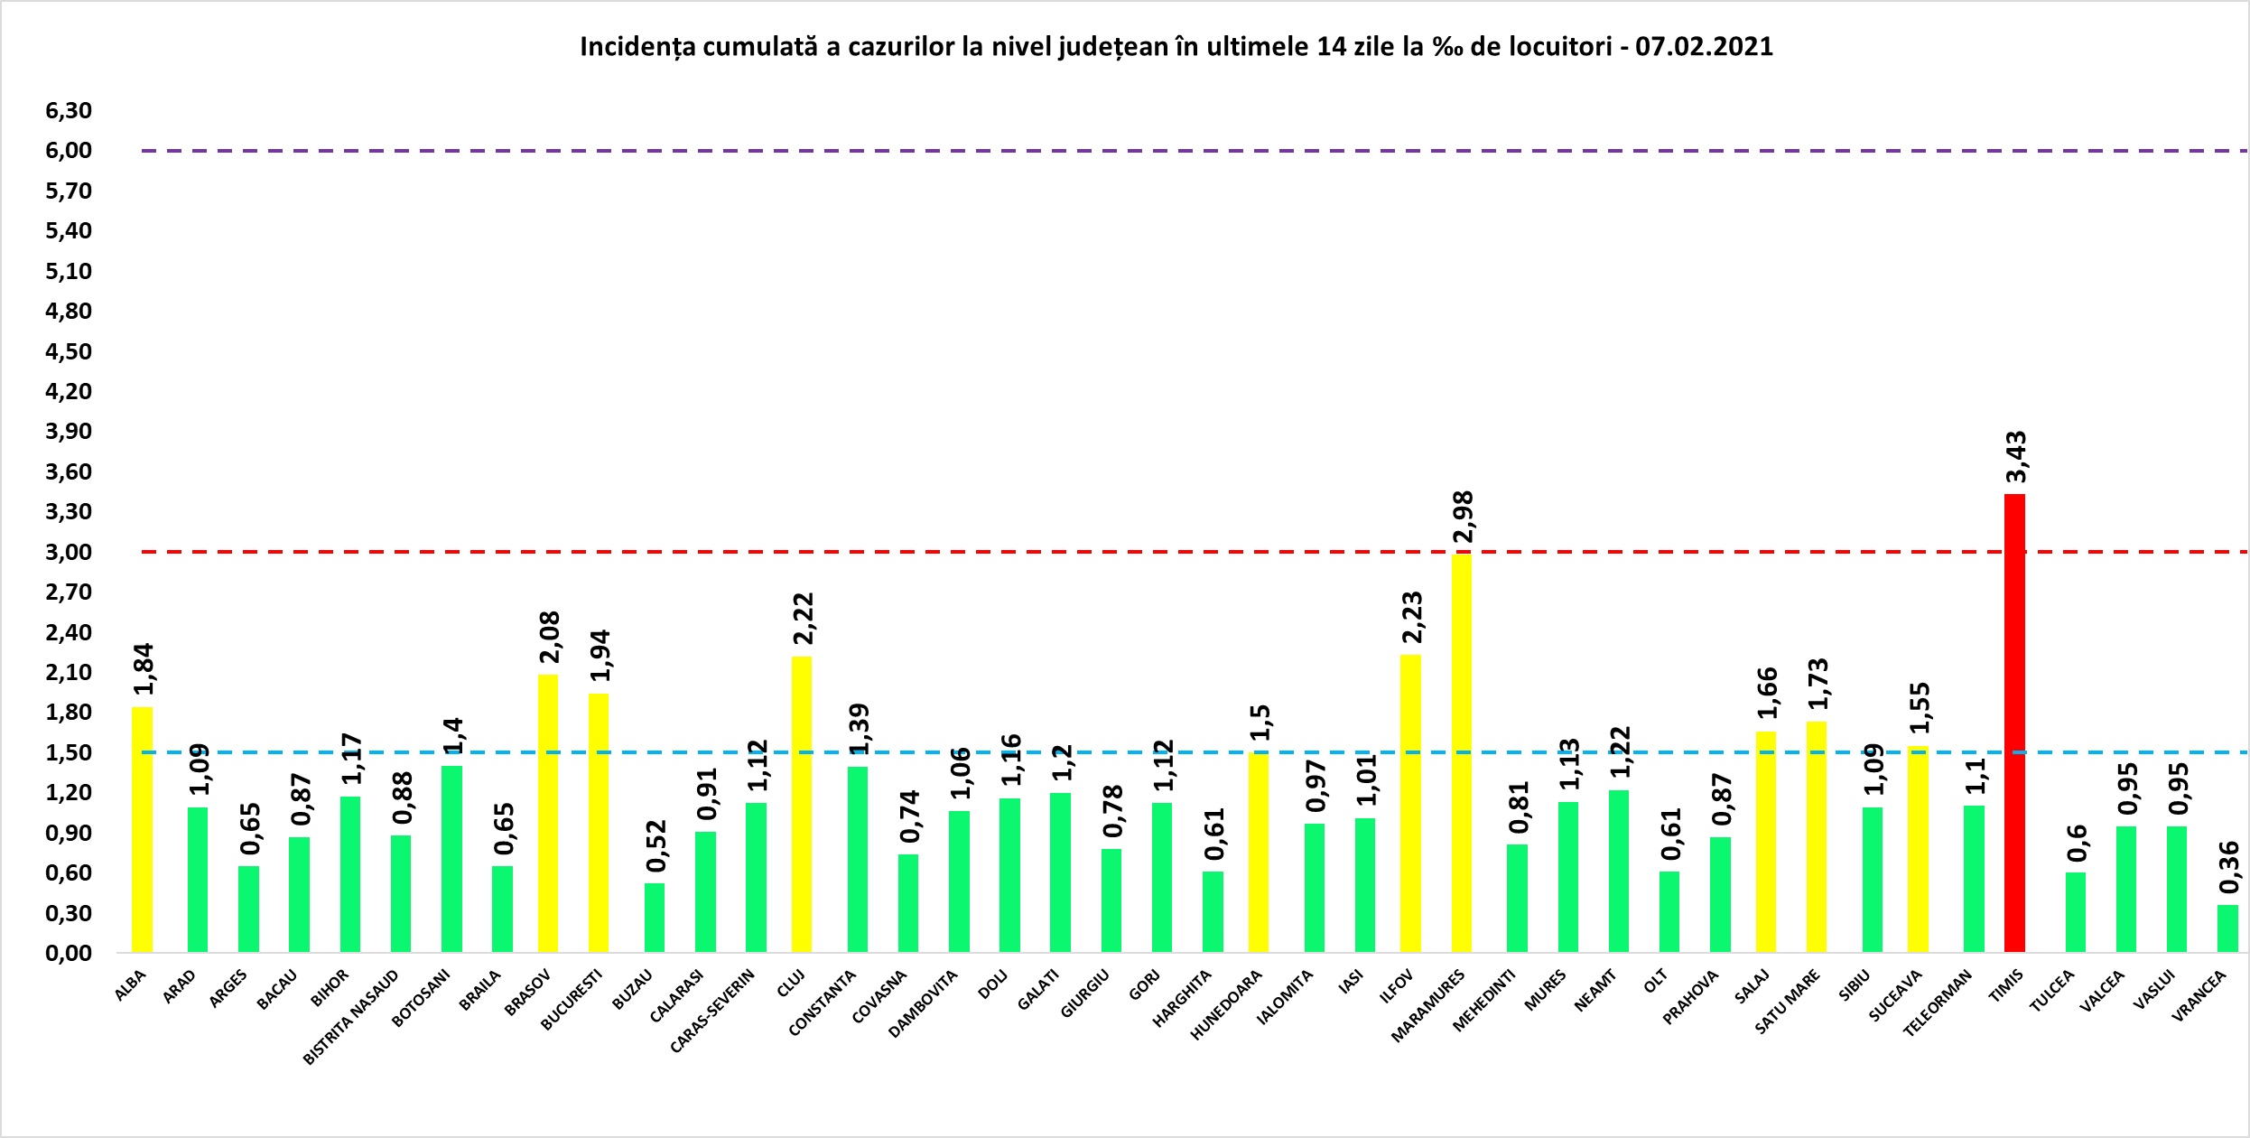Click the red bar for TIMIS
click(2014, 723)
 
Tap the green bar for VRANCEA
click(2227, 928)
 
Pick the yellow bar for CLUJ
click(801, 804)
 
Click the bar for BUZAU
click(654, 917)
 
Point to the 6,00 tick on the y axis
click(70, 151)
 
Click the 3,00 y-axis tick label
click(70, 552)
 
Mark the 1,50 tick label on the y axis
click(70, 752)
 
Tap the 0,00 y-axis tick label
click(70, 953)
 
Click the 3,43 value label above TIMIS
click(2016, 457)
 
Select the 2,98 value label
click(1463, 517)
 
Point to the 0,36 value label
click(2229, 867)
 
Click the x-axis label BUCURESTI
click(572, 1000)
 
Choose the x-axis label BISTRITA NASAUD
click(351, 1017)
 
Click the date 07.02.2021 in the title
click(1704, 47)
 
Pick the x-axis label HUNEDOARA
click(1226, 1004)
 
